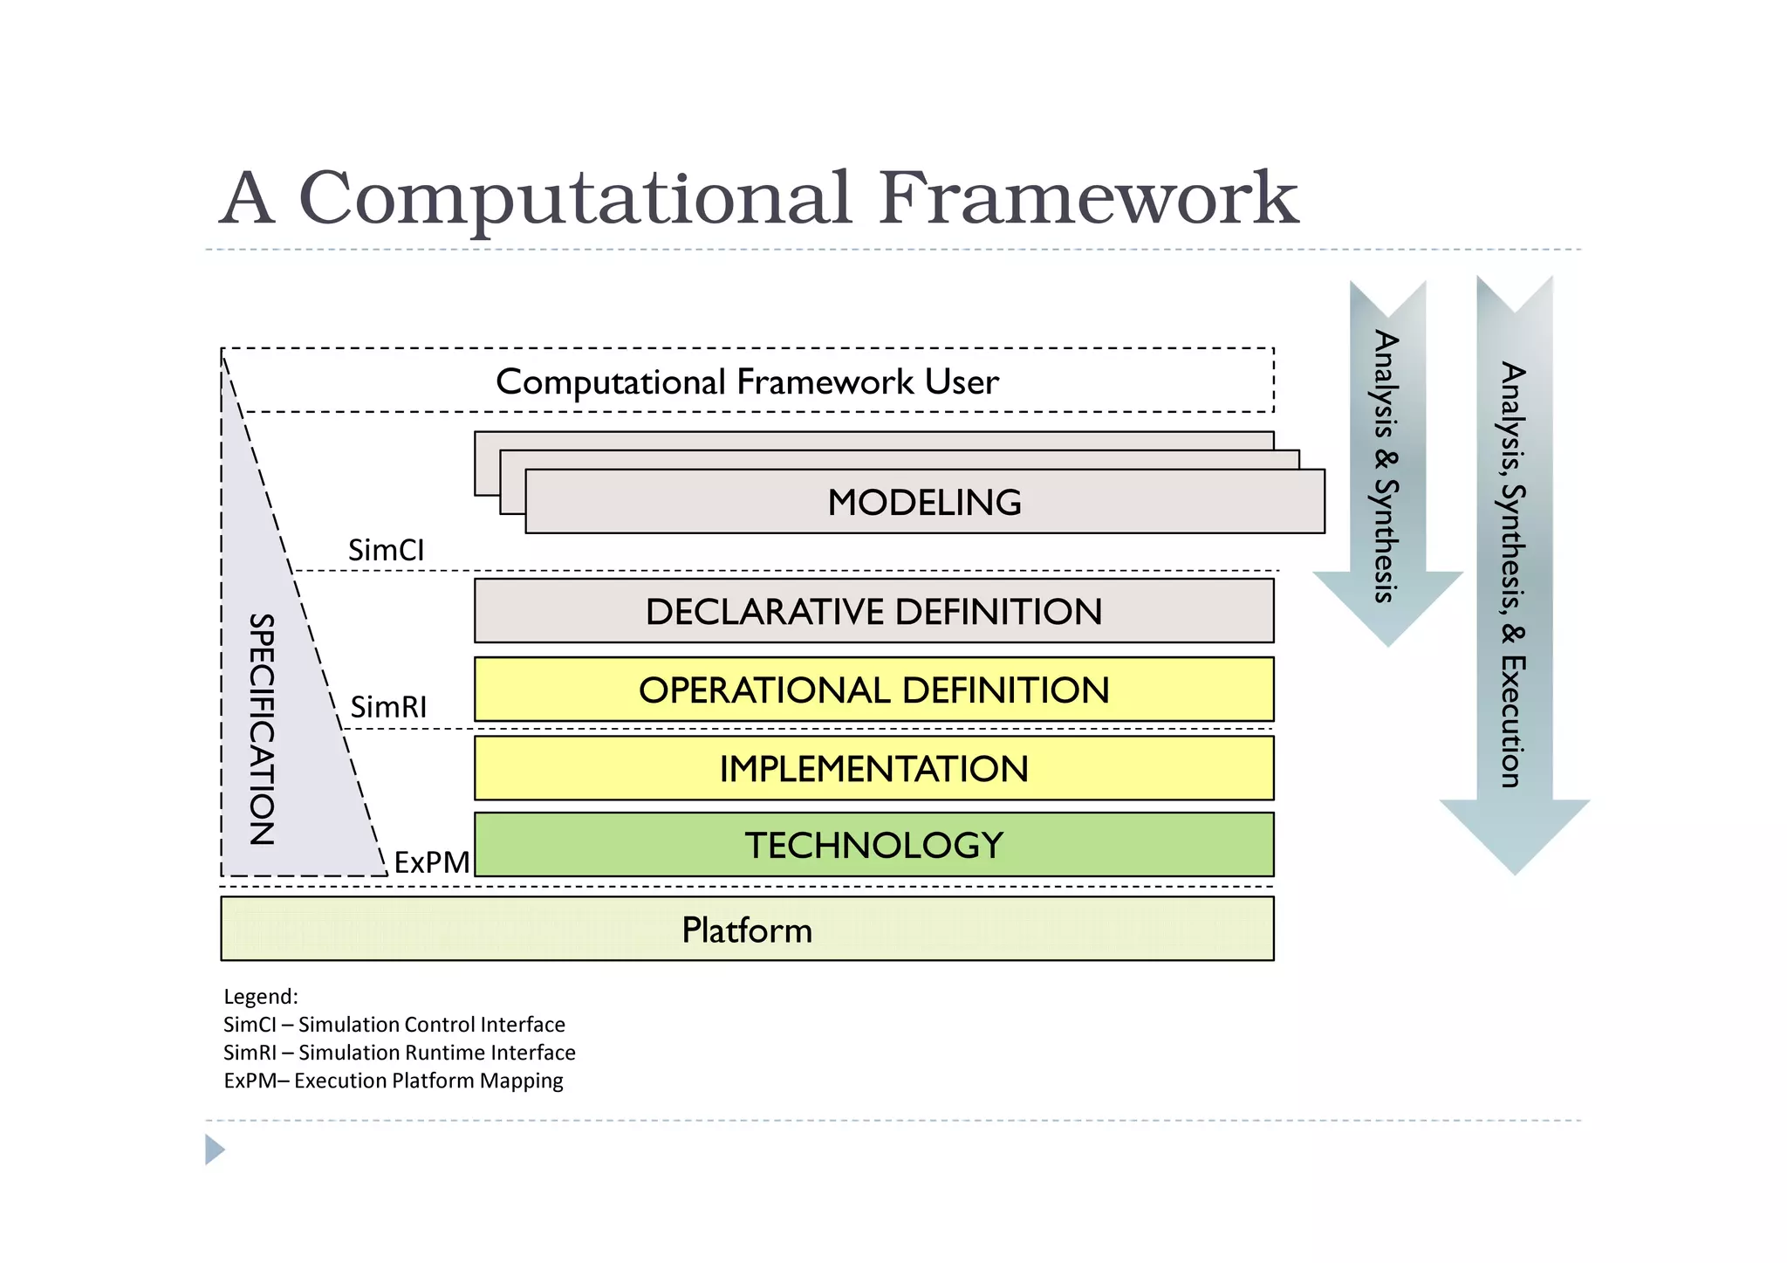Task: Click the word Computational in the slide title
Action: (x=574, y=199)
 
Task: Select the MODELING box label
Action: (x=924, y=503)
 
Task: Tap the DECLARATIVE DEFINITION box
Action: (x=873, y=611)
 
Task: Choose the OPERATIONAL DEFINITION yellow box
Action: (x=873, y=690)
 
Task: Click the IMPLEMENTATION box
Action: (x=873, y=769)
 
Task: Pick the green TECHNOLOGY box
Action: (x=873, y=845)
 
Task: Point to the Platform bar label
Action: (x=747, y=930)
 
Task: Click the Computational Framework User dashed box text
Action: (x=747, y=382)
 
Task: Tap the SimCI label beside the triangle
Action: (x=386, y=551)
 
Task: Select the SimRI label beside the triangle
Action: (x=388, y=707)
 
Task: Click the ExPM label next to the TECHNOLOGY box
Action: (x=431, y=862)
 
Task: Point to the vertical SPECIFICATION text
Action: (x=262, y=729)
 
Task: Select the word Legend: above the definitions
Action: (x=261, y=997)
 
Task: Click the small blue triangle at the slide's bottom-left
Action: (x=214, y=1150)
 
